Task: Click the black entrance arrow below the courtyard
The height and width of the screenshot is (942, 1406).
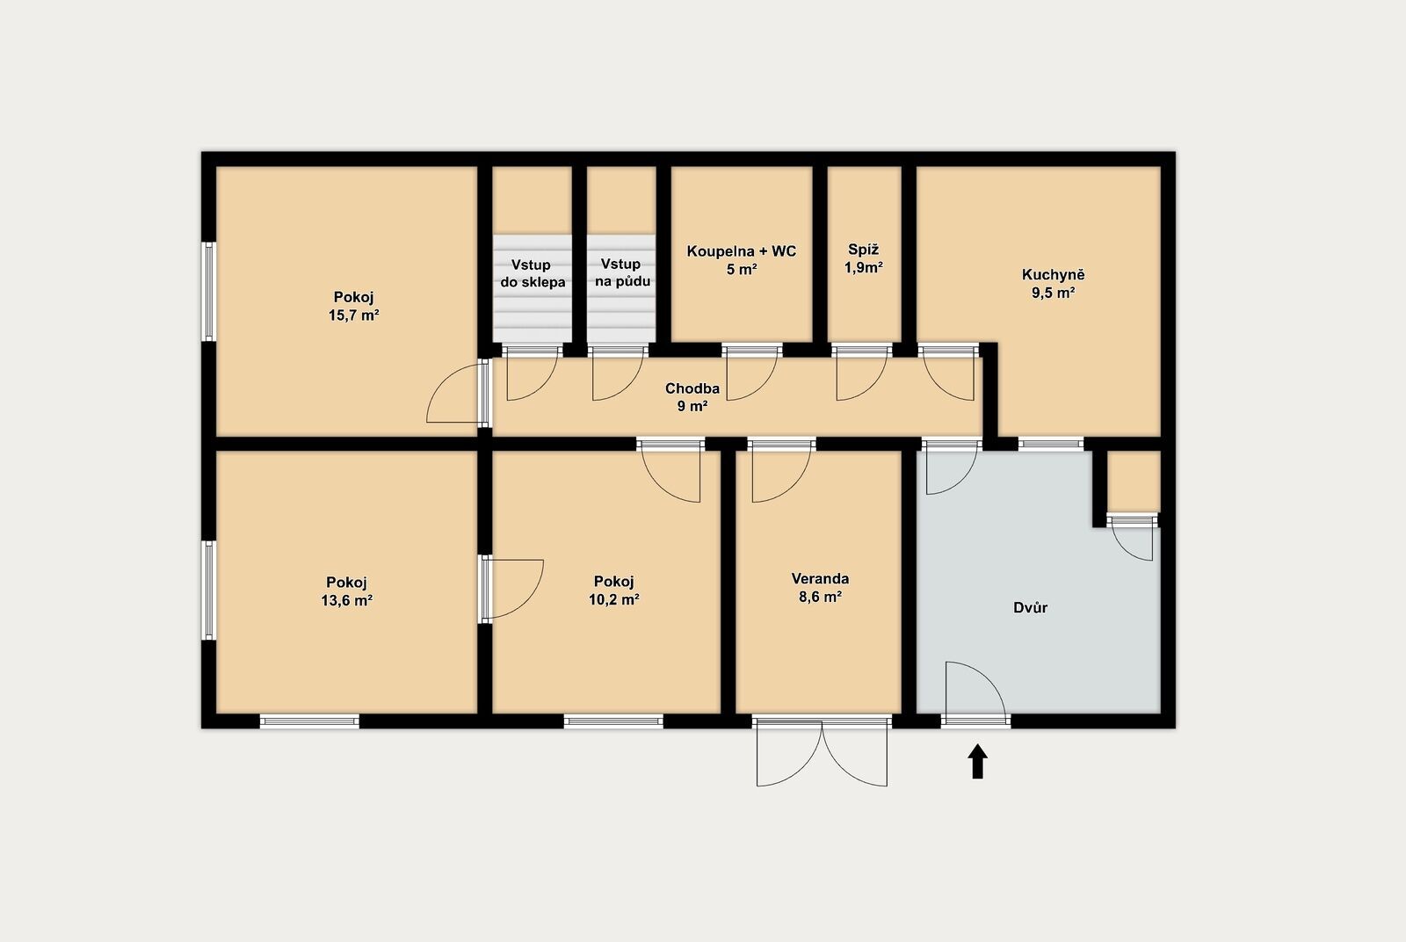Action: [977, 761]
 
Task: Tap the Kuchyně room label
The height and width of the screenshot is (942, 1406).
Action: [1054, 274]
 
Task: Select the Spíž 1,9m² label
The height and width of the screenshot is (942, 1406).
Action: [864, 258]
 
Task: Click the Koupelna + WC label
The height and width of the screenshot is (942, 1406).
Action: [742, 251]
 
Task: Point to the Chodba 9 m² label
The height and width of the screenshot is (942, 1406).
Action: [692, 397]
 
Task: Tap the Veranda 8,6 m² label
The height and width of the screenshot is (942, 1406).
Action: [820, 587]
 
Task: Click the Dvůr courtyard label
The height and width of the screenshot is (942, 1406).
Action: [1030, 607]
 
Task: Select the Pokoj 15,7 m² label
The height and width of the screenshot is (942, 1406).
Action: [354, 306]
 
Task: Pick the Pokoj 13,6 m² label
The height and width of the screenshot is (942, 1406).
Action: [346, 591]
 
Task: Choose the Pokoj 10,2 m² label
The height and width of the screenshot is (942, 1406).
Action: [614, 591]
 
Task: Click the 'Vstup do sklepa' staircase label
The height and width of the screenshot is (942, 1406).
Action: [533, 273]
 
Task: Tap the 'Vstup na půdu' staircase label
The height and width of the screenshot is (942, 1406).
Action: [622, 272]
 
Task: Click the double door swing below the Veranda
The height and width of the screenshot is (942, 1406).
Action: [822, 753]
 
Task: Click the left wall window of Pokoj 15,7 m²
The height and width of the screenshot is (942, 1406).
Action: [209, 292]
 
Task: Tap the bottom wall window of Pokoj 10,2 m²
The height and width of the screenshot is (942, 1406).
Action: [613, 721]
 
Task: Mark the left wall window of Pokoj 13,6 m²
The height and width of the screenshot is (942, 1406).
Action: [209, 591]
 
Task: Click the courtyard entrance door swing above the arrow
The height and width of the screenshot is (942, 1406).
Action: [976, 688]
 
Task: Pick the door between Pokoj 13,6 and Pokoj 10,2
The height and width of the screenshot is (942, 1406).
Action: [512, 589]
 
